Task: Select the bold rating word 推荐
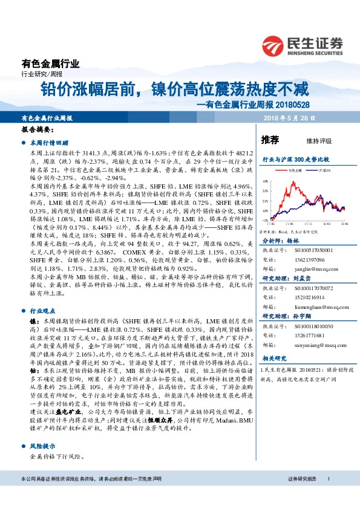click(x=269, y=140)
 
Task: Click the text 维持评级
click(x=319, y=141)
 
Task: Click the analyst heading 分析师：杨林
click(x=282, y=240)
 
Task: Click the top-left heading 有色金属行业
click(x=50, y=63)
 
